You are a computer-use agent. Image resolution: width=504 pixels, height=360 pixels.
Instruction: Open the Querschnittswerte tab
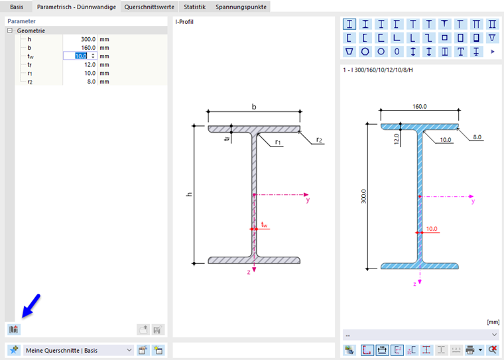[149, 7]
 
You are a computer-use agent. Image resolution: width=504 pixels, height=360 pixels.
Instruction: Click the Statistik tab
[194, 7]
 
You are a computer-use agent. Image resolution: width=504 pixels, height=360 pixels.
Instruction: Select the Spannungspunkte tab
[241, 7]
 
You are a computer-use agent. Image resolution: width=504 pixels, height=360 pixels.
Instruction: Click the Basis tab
[17, 7]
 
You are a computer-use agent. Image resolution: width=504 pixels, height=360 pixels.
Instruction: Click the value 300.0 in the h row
[88, 39]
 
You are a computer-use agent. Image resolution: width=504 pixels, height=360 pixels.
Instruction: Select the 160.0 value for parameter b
[88, 48]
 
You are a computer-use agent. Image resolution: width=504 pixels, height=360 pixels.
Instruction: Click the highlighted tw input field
[80, 56]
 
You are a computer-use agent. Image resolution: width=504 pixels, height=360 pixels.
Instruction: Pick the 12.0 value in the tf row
[90, 64]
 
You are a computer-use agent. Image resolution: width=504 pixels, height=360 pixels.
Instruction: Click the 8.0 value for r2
[92, 82]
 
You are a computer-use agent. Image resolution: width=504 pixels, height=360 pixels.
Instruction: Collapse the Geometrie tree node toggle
[10, 30]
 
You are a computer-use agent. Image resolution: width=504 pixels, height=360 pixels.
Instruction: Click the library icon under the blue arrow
[13, 330]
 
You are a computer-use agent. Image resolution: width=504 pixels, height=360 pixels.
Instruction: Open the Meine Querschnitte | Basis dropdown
[79, 350]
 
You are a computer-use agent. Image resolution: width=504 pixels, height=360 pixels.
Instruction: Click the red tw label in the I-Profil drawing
[264, 225]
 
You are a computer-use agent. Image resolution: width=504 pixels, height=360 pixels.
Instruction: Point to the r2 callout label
[319, 140]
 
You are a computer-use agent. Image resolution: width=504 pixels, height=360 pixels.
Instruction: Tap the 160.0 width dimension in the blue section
[420, 106]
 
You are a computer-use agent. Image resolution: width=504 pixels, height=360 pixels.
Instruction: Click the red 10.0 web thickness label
[432, 229]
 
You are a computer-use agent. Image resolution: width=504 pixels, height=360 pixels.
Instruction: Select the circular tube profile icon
[381, 52]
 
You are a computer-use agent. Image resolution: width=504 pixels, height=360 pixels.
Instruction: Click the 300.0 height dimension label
[363, 196]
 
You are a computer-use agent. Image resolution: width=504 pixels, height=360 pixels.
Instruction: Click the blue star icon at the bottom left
[14, 350]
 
